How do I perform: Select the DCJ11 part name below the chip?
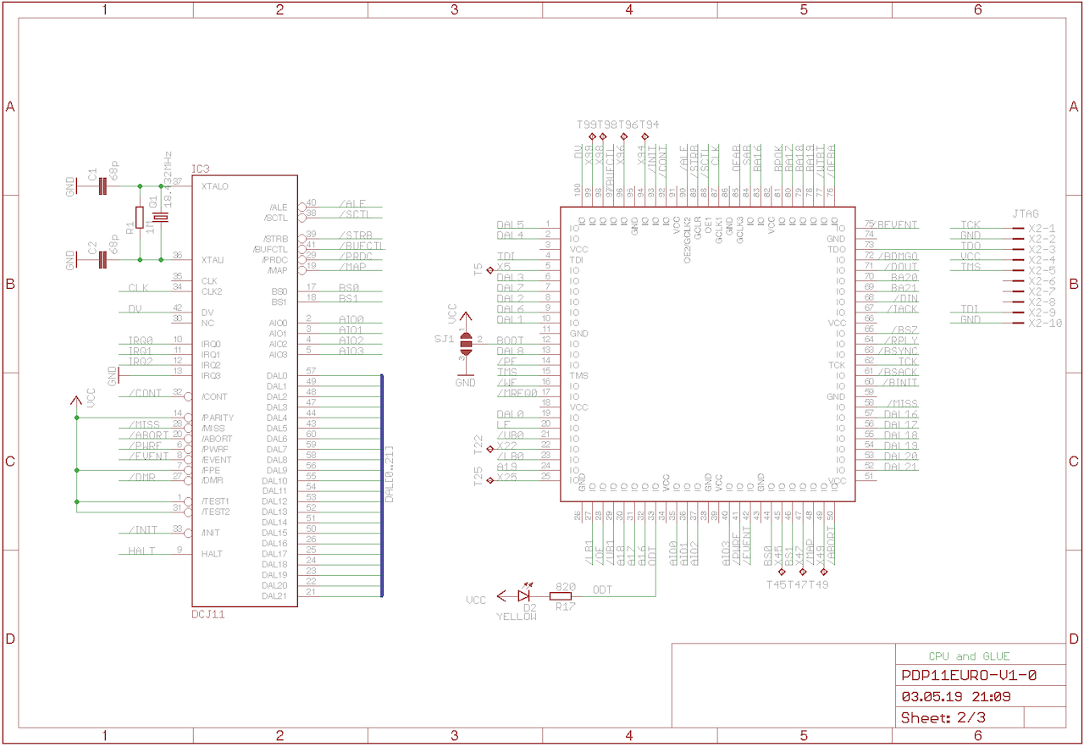[x=208, y=614]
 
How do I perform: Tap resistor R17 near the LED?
[x=561, y=596]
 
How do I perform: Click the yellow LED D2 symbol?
[x=523, y=596]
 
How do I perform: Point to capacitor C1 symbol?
[x=102, y=186]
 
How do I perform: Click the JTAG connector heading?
[x=1025, y=214]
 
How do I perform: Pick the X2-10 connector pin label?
[x=1043, y=323]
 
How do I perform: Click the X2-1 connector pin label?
[x=1042, y=229]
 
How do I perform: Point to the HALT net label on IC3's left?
[x=141, y=551]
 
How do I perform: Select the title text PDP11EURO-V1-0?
[x=969, y=676]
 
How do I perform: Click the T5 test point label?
[x=478, y=269]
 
